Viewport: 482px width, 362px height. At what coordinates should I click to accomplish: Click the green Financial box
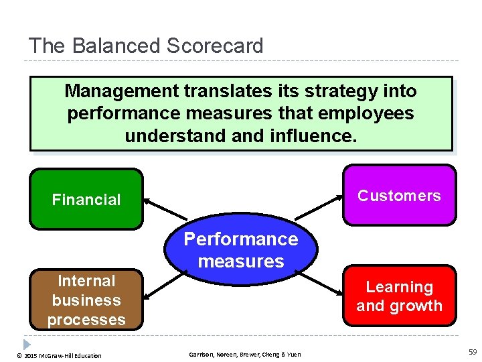pyautogui.click(x=86, y=199)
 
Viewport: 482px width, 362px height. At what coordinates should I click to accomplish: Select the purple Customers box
pyautogui.click(x=399, y=195)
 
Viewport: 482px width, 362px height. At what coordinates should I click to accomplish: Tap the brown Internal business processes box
pyautogui.click(x=86, y=300)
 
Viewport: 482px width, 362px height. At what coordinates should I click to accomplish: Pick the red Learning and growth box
pyautogui.click(x=399, y=296)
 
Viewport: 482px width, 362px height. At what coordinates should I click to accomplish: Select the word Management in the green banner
pyautogui.click(x=122, y=90)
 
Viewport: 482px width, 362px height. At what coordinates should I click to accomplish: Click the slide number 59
pyautogui.click(x=473, y=352)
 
